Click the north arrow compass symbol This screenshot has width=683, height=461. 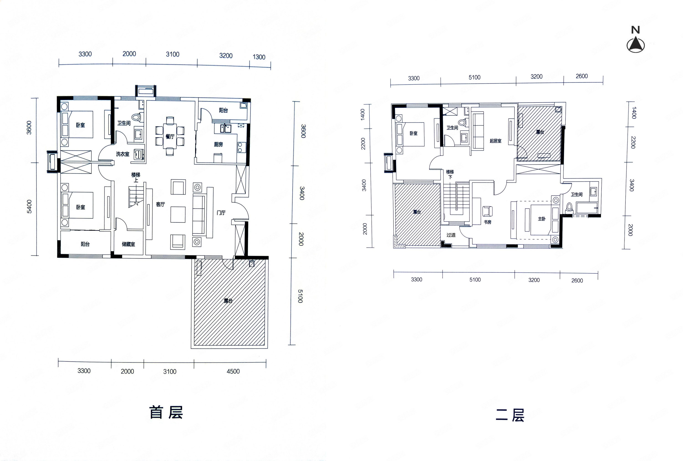(x=636, y=53)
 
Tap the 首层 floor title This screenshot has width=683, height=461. (x=166, y=412)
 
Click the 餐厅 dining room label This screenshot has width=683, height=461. (x=170, y=136)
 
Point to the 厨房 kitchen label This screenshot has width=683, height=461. (x=218, y=144)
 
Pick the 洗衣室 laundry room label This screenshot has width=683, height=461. (x=122, y=154)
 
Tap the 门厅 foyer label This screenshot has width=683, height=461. (x=221, y=212)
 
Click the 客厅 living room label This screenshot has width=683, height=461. (x=161, y=204)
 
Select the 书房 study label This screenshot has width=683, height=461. (x=488, y=222)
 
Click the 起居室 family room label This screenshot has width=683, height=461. (x=495, y=141)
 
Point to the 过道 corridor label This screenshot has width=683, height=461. (x=451, y=235)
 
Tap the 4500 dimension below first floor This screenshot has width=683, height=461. (x=233, y=371)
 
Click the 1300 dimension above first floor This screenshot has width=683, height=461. (x=259, y=57)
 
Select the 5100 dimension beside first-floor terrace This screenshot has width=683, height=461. (x=300, y=296)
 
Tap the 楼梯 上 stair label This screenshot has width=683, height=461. (x=136, y=177)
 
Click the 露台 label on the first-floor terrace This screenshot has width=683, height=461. (x=228, y=301)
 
